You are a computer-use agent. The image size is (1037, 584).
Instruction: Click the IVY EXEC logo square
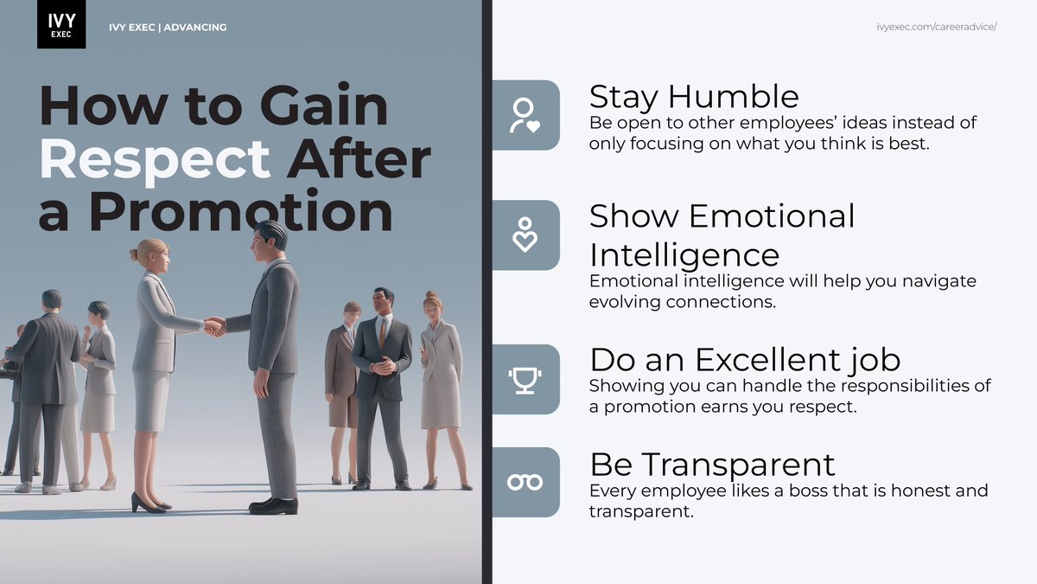click(61, 24)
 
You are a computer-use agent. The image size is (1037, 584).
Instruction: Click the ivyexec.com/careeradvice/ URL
click(937, 27)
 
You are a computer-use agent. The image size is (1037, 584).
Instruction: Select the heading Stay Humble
click(694, 96)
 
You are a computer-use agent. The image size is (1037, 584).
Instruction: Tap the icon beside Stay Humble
click(525, 115)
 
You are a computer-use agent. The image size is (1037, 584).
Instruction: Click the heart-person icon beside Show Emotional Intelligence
click(525, 235)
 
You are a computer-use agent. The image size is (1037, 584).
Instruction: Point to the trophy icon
click(525, 379)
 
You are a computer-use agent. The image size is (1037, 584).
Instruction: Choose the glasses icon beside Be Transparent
click(525, 482)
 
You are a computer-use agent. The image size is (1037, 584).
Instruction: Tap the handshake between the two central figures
click(214, 326)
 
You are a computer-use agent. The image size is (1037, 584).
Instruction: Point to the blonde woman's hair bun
click(136, 254)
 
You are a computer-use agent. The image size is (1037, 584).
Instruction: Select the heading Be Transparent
click(712, 465)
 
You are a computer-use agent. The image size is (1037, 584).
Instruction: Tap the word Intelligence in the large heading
click(684, 255)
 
